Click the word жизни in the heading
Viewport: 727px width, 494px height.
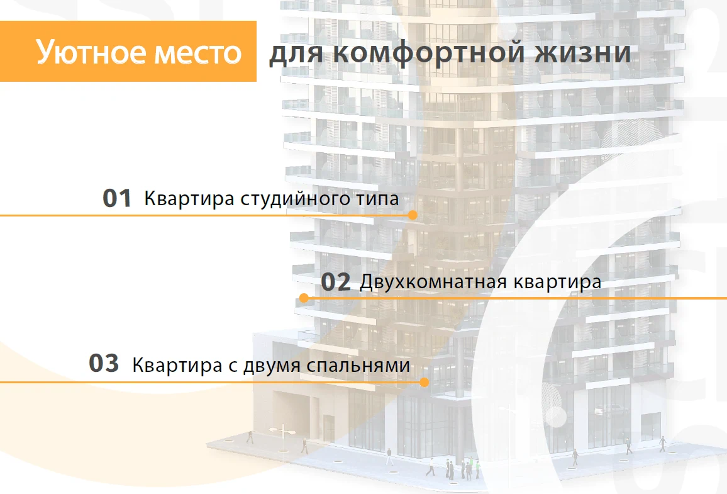pyautogui.click(x=583, y=53)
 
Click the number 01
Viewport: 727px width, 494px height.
pyautogui.click(x=117, y=198)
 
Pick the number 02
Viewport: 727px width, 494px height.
pyautogui.click(x=336, y=282)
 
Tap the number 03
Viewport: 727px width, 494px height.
pyautogui.click(x=104, y=363)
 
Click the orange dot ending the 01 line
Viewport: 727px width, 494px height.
pyautogui.click(x=413, y=215)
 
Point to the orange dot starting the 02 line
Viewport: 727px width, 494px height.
pyautogui.click(x=304, y=298)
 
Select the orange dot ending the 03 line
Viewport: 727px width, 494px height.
pyautogui.click(x=424, y=382)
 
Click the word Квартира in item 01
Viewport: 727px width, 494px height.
pyautogui.click(x=189, y=199)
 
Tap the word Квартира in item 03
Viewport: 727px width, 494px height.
pyautogui.click(x=177, y=366)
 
